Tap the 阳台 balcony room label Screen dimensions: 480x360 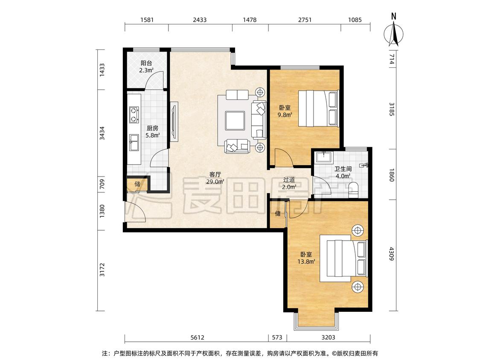point(146,63)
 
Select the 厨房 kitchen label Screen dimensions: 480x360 point(152,128)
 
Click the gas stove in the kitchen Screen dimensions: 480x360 point(134,114)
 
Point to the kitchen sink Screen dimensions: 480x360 point(134,142)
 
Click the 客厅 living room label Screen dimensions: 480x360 point(215,174)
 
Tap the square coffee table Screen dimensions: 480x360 point(235,120)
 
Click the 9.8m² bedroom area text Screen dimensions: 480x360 point(285,115)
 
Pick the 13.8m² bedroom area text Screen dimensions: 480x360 point(306,261)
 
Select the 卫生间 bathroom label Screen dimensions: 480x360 point(343,169)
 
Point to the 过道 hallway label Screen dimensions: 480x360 point(289,180)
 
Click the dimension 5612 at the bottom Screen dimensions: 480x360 point(197,337)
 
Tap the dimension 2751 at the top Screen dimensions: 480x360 point(305,20)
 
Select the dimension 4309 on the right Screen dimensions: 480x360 point(391,254)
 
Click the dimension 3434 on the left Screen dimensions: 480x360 point(102,133)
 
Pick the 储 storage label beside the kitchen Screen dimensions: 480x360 point(137,184)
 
